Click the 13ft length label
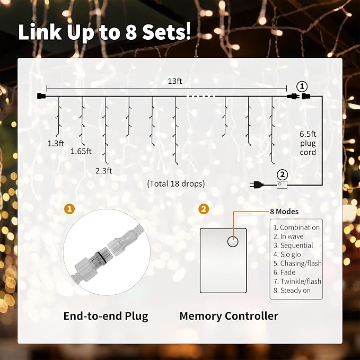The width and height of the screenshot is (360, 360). (175, 81)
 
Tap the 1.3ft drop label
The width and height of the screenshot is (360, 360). (56, 144)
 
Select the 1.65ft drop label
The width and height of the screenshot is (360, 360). (81, 151)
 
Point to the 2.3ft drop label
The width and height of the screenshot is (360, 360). (104, 171)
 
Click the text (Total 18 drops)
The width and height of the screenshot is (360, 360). (176, 183)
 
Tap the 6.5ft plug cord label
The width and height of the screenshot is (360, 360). (308, 143)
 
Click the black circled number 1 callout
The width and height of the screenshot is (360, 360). (302, 86)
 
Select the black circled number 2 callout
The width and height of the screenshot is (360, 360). (283, 175)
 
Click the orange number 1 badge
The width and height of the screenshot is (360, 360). (69, 209)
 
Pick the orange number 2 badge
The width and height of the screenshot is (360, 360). (204, 209)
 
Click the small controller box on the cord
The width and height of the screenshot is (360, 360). (282, 185)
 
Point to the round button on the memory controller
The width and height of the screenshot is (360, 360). (233, 242)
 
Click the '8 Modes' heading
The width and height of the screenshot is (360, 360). (284, 212)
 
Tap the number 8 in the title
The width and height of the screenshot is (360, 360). (131, 32)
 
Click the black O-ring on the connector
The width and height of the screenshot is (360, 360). (101, 257)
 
